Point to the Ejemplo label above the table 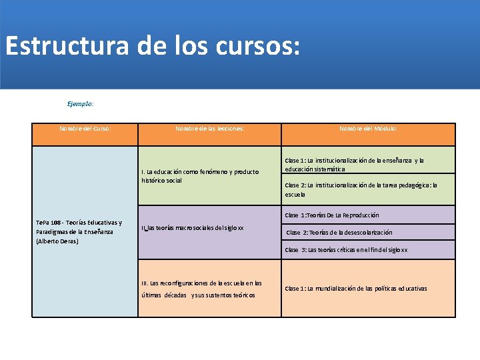pos(80,103)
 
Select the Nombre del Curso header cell pos(85,128)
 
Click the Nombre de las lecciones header pos(209,128)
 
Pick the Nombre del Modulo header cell pos(368,128)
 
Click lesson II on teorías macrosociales pos(193,228)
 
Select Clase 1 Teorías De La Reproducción pos(332,215)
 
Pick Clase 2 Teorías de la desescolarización pos(339,233)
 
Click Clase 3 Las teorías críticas pos(346,250)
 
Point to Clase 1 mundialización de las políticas pos(356,289)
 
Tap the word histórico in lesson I pos(153,181)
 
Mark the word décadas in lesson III pos(175,295)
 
